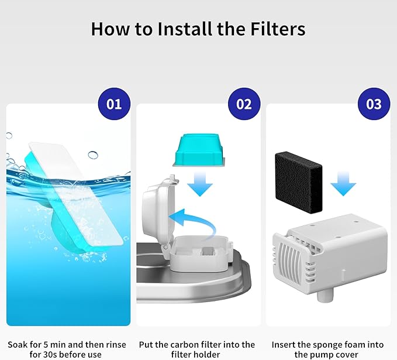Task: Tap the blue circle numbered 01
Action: (x=114, y=104)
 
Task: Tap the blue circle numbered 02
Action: (x=244, y=104)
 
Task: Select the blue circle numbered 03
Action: (x=374, y=104)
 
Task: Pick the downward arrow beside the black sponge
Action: (x=343, y=187)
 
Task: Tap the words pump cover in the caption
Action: (x=335, y=355)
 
